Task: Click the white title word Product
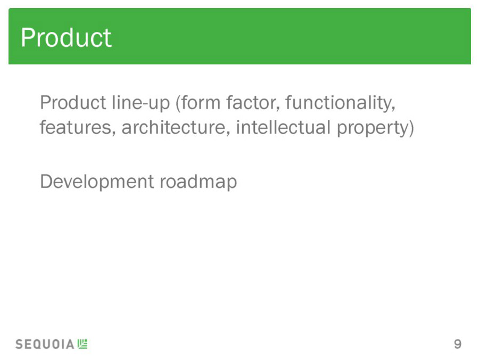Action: click(x=66, y=38)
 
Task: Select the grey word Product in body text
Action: click(x=73, y=102)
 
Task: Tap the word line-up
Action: click(x=141, y=103)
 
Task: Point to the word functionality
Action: click(x=340, y=103)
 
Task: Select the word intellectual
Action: click(x=284, y=127)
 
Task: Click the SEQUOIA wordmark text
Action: click(x=45, y=345)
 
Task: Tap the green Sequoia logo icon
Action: click(x=82, y=344)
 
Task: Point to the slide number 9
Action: click(x=458, y=344)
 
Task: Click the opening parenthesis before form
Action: click(x=177, y=103)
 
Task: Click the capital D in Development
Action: click(x=46, y=182)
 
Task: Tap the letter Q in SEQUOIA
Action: click(x=38, y=345)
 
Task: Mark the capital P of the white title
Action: click(x=27, y=38)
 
